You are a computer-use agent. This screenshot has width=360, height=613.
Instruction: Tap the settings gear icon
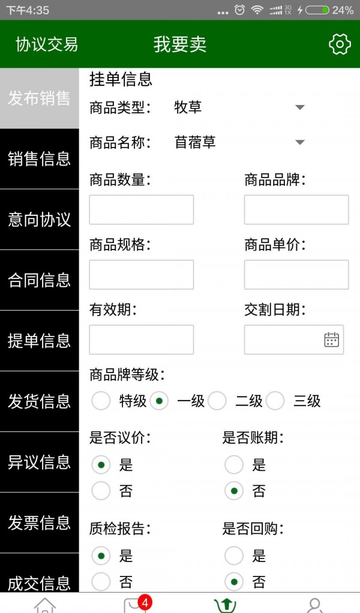click(x=340, y=44)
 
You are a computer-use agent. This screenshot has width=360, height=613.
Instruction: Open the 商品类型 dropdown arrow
click(x=300, y=107)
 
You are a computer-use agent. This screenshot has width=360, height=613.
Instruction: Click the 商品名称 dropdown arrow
click(x=300, y=142)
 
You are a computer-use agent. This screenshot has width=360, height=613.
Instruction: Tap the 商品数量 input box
click(x=142, y=210)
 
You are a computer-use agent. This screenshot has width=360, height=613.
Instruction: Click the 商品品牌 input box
click(x=296, y=210)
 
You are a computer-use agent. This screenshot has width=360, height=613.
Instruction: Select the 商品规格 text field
click(x=142, y=275)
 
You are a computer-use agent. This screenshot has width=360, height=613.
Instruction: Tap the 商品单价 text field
click(x=296, y=275)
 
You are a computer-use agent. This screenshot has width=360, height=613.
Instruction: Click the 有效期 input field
click(x=142, y=339)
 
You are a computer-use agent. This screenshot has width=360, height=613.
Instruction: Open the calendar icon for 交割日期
click(x=331, y=339)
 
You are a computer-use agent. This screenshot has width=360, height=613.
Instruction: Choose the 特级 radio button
click(x=101, y=401)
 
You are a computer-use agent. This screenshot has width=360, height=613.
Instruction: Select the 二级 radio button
click(x=217, y=401)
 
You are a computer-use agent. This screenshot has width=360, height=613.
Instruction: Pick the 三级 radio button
click(x=275, y=401)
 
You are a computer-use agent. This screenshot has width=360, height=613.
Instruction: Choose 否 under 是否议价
click(x=101, y=491)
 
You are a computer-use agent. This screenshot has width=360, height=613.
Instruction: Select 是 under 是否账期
click(x=234, y=465)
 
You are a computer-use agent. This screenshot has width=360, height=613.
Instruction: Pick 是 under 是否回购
click(x=234, y=556)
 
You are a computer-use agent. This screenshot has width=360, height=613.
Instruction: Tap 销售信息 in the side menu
click(x=39, y=159)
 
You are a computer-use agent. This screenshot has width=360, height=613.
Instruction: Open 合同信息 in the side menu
click(x=39, y=280)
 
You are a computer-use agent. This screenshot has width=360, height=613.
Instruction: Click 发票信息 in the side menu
click(x=39, y=523)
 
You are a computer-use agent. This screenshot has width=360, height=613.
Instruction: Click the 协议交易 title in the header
click(x=47, y=44)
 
